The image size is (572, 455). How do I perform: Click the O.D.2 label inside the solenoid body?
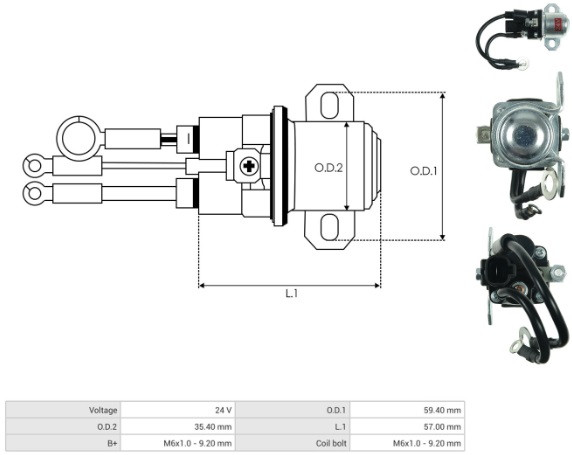pos(328,168)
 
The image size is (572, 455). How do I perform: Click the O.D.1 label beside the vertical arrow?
pos(423,171)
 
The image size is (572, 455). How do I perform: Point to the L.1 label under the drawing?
pos(292,293)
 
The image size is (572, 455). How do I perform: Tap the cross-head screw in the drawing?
pos(249,166)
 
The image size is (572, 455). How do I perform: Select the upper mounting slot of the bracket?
pos(329,105)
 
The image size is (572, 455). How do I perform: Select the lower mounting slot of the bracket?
pos(329,227)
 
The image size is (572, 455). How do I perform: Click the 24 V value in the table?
pos(223,410)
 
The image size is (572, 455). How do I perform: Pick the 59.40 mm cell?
pos(442,410)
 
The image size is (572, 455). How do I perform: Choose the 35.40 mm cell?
pos(213,427)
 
